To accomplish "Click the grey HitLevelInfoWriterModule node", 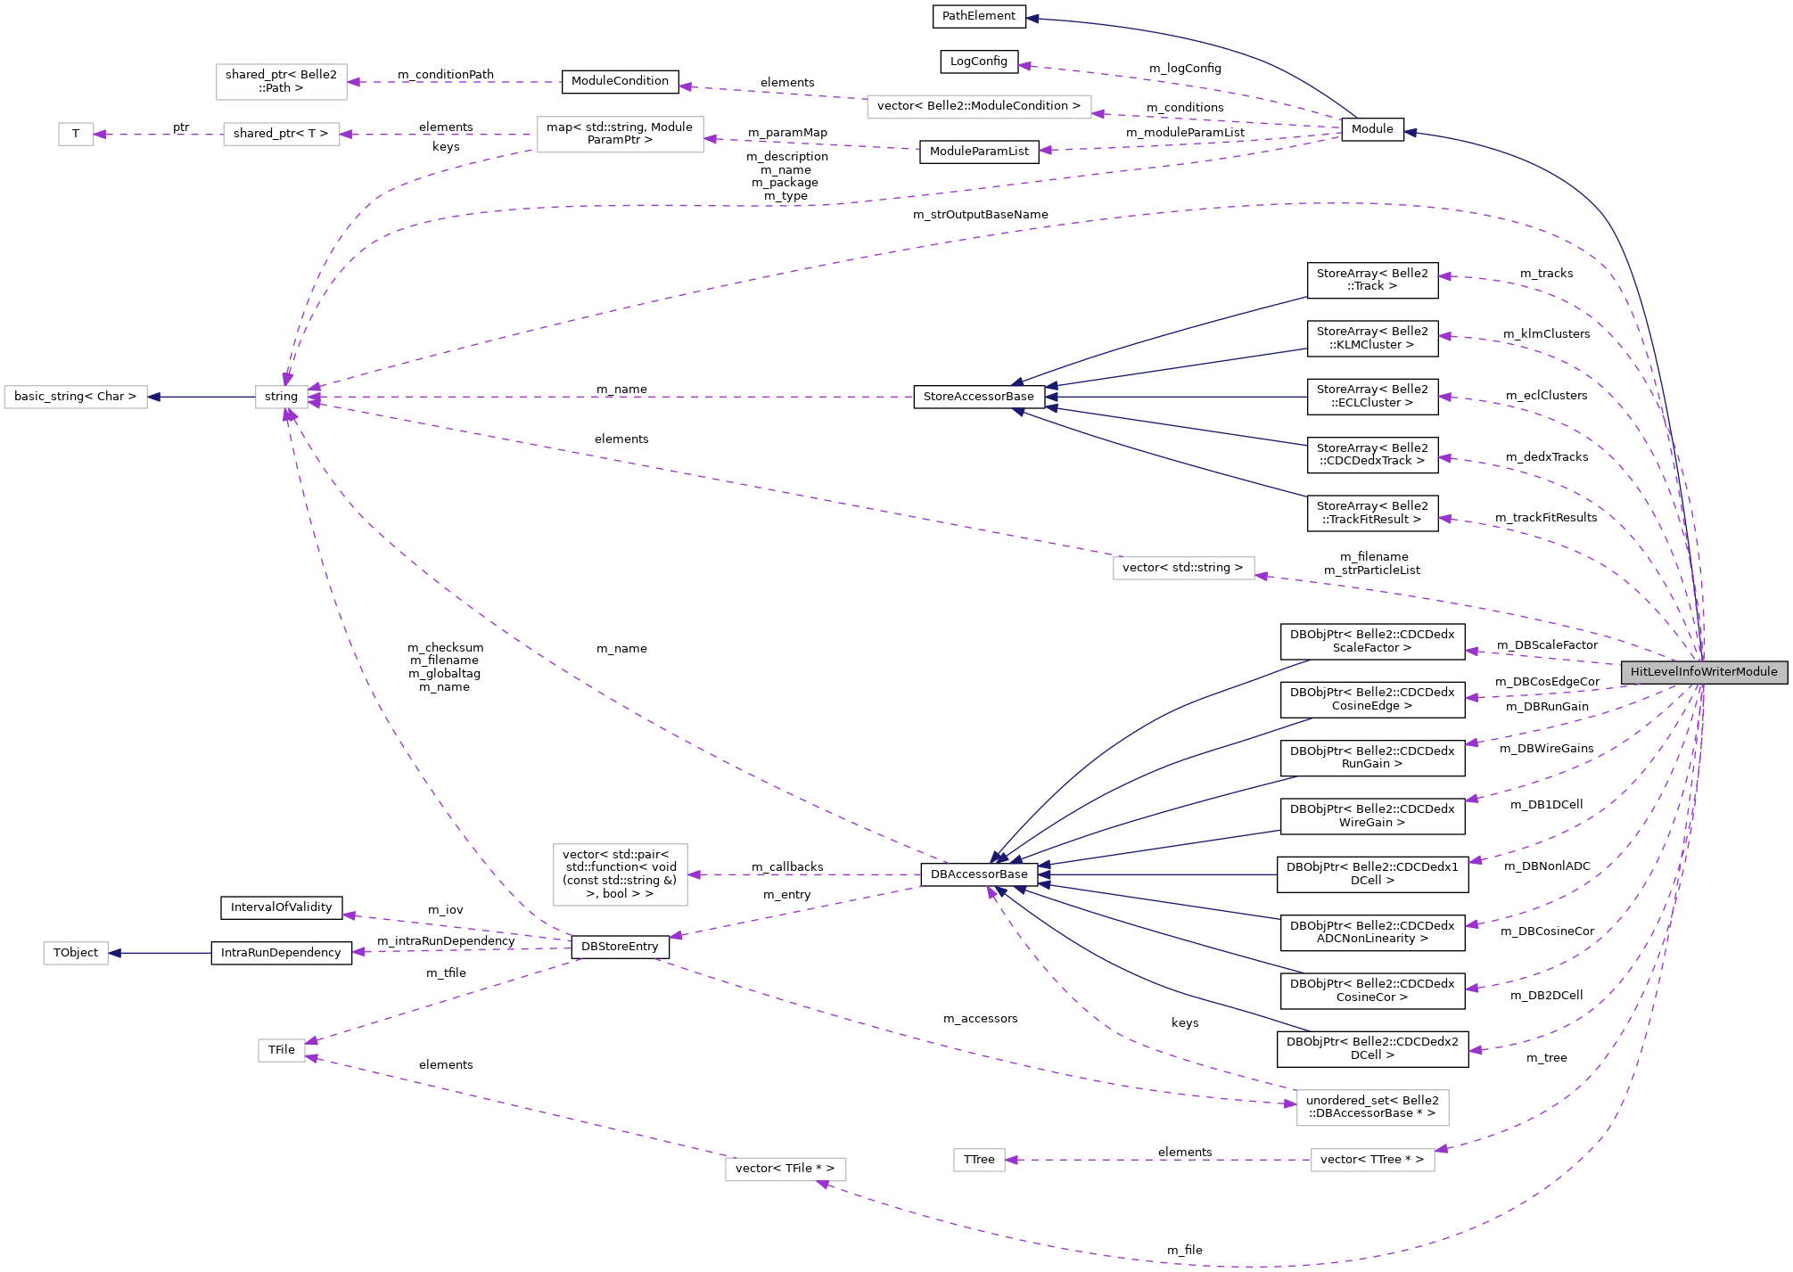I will coord(1704,672).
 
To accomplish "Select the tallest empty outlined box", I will coord(620,874).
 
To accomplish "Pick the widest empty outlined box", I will coord(978,107).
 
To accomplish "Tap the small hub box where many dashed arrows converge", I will coord(282,397).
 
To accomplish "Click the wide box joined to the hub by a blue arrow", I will coord(76,397).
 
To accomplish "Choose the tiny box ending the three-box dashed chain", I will coord(76,135).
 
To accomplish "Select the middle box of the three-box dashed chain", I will coord(281,135).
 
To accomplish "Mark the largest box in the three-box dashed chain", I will coord(620,135).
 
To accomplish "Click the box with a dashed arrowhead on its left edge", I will coord(1372,1108).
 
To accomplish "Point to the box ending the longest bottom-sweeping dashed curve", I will coord(785,1169).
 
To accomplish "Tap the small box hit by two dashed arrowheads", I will coord(282,1050).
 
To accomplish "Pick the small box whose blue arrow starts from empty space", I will coord(76,953).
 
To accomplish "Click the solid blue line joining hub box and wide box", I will coord(201,397).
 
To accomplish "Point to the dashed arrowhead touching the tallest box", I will coord(695,874).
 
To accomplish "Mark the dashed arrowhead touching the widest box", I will coord(1098,114).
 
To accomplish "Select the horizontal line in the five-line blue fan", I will coord(1177,397).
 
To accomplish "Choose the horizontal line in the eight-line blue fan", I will coord(1159,874).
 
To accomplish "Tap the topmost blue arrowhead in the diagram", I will coord(1032,18).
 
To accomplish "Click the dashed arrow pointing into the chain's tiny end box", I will coord(156,135).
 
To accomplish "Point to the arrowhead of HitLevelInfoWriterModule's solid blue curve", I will coord(1411,133).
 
